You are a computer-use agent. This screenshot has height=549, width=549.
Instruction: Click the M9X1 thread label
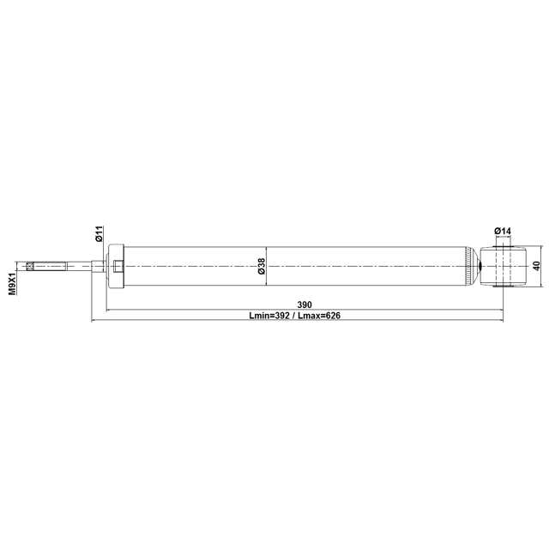pyautogui.click(x=13, y=284)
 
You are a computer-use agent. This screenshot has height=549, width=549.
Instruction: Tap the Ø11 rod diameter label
pyautogui.click(x=100, y=233)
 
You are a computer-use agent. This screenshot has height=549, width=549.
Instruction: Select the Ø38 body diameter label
pyautogui.click(x=261, y=266)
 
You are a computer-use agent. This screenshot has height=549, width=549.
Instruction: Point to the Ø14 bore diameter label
pyautogui.click(x=503, y=231)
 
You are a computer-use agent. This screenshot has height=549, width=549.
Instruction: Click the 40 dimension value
pyautogui.click(x=536, y=266)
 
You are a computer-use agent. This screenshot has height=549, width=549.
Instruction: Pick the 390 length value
pyautogui.click(x=305, y=305)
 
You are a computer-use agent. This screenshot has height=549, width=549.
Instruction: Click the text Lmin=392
pyautogui.click(x=268, y=316)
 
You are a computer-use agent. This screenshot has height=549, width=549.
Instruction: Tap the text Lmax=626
pyautogui.click(x=319, y=316)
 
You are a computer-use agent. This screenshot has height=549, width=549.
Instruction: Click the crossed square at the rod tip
pyautogui.click(x=30, y=267)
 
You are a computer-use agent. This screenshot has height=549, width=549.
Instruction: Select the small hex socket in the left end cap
pyautogui.click(x=118, y=267)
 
